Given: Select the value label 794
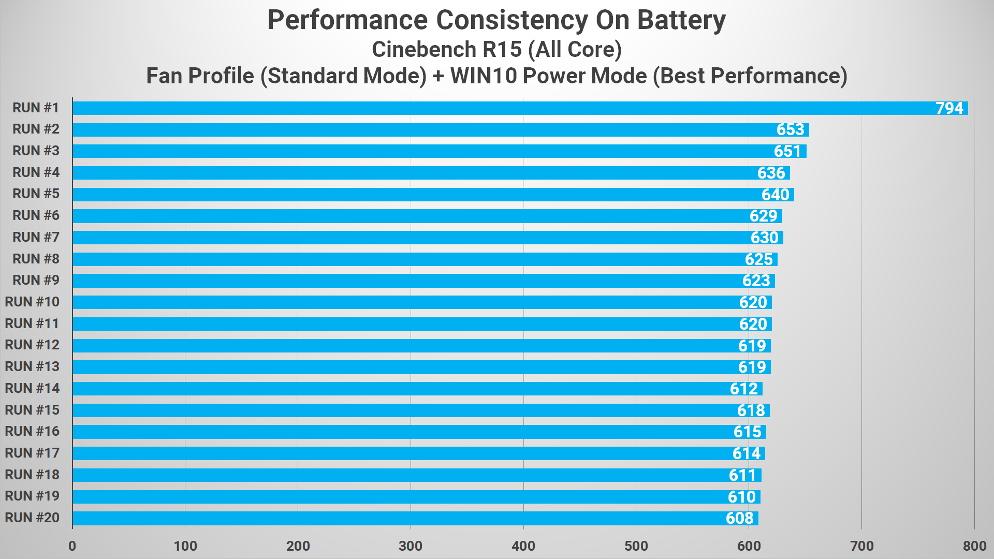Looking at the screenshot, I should point(949,108).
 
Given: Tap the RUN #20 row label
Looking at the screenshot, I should point(32,518).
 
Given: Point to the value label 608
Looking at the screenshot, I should point(739,518).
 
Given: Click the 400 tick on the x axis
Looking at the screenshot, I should point(523,546).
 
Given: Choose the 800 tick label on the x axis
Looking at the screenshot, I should point(974,546).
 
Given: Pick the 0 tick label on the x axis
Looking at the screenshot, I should point(72,546).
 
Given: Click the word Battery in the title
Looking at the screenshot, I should point(681,21).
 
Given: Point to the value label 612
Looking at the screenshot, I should point(743,389).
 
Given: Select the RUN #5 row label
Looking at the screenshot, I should point(36,194).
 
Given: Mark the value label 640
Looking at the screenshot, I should point(775,195).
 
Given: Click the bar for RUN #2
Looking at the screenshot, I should point(440,130).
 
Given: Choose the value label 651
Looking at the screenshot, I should point(787,151).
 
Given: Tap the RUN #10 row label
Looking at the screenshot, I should point(32,302).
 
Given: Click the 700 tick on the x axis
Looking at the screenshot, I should point(861,546).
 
